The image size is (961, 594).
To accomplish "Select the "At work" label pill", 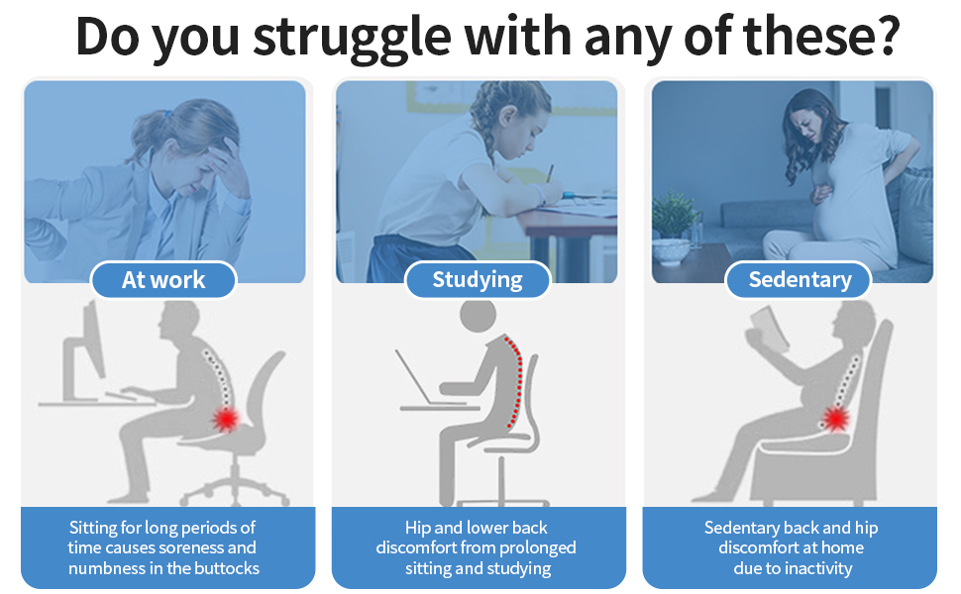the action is (163, 280).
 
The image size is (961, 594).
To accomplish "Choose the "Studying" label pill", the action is (478, 280).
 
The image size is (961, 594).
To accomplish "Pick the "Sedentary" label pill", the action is (799, 280).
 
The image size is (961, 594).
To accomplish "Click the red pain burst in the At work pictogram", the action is (227, 420).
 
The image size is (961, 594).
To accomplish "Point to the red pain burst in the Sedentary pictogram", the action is (835, 420).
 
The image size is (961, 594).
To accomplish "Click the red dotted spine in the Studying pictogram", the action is (516, 381).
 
